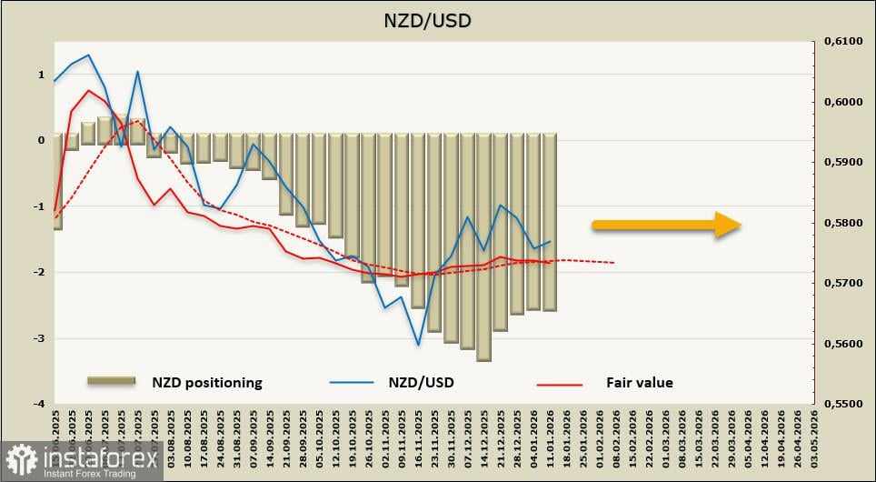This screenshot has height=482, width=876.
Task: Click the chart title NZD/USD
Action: [439, 19]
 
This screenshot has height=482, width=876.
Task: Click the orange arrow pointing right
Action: [666, 224]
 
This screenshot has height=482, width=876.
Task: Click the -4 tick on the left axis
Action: [40, 404]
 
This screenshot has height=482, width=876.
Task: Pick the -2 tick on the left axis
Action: [40, 272]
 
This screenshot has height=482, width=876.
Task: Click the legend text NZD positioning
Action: [207, 382]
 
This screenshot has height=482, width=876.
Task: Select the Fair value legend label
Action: [640, 382]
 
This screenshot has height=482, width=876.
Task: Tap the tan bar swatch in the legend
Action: [110, 380]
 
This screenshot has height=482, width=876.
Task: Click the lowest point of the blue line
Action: [418, 345]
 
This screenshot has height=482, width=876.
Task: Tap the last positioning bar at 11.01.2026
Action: [549, 223]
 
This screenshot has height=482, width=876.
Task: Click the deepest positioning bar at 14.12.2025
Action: [483, 247]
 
